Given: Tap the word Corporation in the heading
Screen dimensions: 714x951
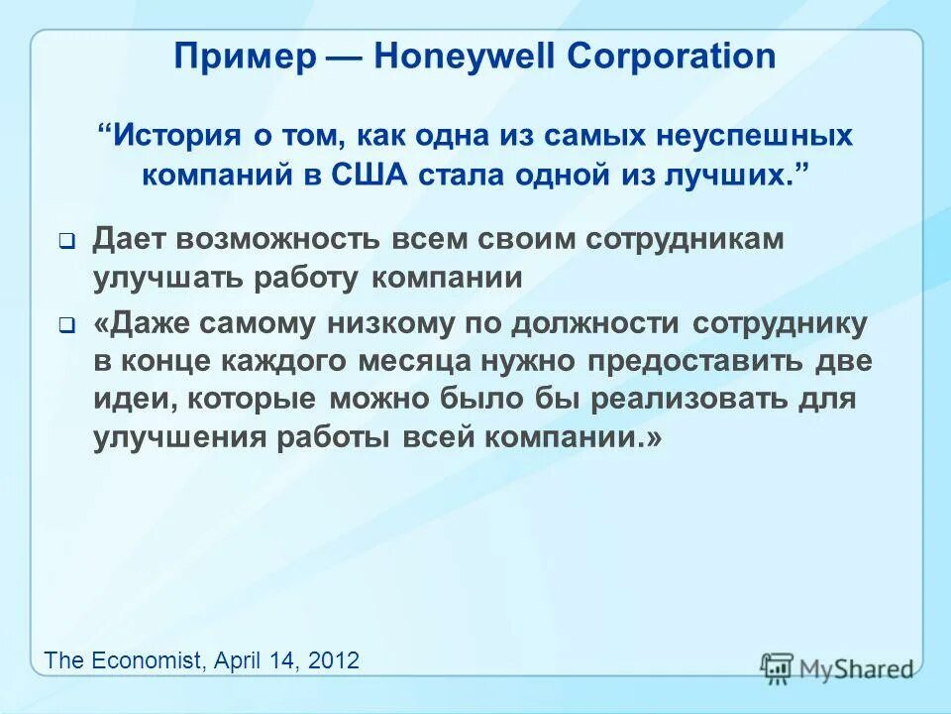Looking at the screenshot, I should coord(671,56).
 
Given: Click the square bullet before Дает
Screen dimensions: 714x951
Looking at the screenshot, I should coord(66,240).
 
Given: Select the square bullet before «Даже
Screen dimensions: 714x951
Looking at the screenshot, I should coord(66,324).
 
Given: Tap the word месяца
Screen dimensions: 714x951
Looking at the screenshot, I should coord(417,361).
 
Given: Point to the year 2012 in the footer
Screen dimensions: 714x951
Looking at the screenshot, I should coord(334,659).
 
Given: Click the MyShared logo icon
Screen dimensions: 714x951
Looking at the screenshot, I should coord(778,667).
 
